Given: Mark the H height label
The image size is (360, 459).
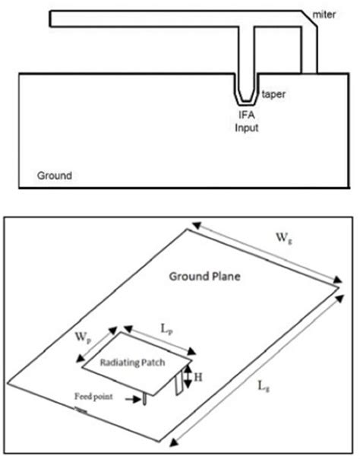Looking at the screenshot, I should click(196, 375).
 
